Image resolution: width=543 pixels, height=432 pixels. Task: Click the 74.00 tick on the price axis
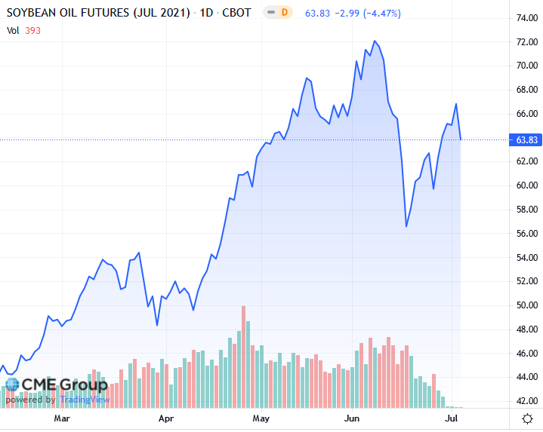point(526,17)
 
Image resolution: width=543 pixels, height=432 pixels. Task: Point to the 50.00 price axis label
point(526,305)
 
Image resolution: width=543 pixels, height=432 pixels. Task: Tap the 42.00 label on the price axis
point(526,401)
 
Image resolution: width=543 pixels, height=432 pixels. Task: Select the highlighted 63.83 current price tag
point(526,139)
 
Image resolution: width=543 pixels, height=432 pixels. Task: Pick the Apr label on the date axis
point(166,418)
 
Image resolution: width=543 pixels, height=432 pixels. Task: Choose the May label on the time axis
point(261,418)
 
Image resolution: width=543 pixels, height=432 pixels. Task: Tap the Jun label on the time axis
point(352,418)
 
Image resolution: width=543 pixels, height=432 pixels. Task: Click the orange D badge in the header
point(284,12)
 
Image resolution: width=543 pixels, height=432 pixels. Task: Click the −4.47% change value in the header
point(379,13)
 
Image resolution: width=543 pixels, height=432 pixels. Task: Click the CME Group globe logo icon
point(11,385)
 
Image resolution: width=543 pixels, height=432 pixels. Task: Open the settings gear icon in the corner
point(527,418)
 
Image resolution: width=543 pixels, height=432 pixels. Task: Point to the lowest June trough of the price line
point(406,226)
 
